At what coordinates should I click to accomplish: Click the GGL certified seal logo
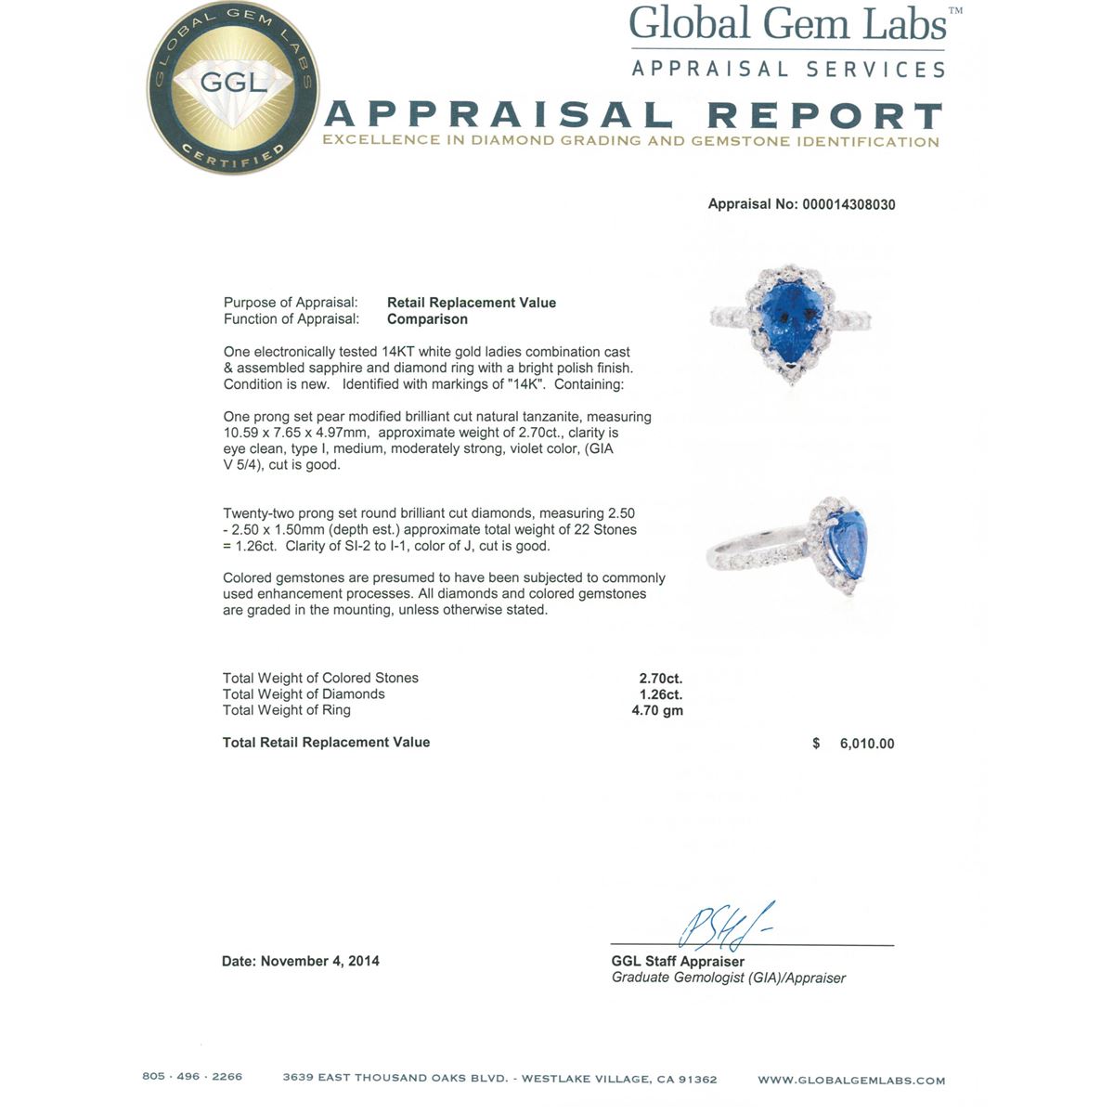[233, 88]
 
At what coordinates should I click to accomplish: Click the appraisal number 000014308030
[846, 204]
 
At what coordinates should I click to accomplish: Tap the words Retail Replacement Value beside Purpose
[472, 303]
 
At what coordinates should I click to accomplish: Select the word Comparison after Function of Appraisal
[427, 319]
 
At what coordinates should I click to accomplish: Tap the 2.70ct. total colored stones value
[660, 679]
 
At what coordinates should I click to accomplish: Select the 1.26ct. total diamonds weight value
[660, 694]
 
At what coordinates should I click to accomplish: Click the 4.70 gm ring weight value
[657, 710]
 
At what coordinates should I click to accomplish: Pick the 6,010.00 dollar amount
[866, 744]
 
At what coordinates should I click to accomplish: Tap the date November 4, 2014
[320, 962]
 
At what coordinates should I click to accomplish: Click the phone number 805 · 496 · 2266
[192, 1077]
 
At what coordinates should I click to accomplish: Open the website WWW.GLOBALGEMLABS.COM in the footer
[851, 1080]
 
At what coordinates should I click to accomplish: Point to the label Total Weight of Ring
[287, 710]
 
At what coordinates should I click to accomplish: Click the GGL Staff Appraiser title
[678, 962]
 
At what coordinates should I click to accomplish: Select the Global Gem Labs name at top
[787, 25]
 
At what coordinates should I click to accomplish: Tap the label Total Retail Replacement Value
[326, 743]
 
